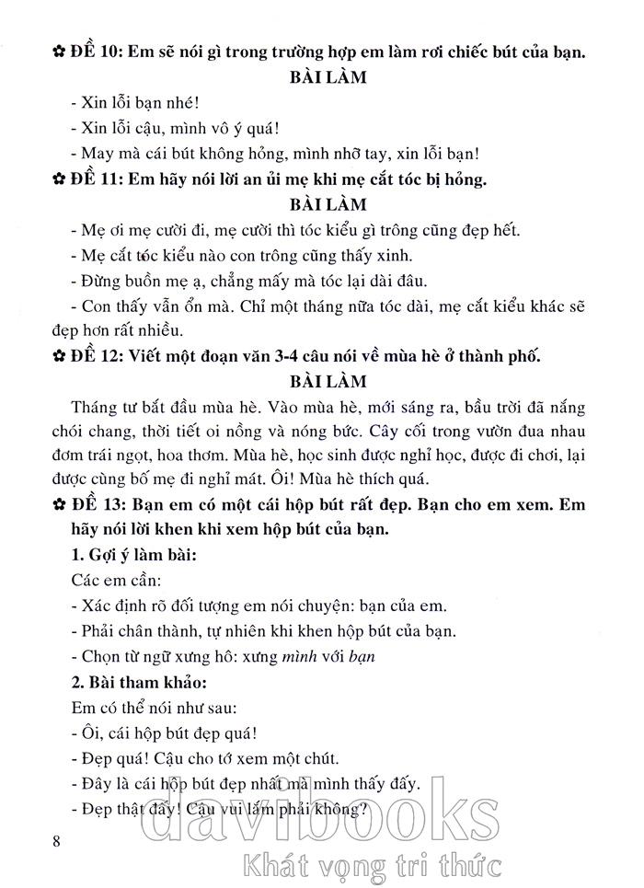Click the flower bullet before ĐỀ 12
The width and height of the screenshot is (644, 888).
point(59,356)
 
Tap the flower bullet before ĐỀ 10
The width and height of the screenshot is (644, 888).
point(59,52)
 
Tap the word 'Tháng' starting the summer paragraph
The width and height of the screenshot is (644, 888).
point(92,407)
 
